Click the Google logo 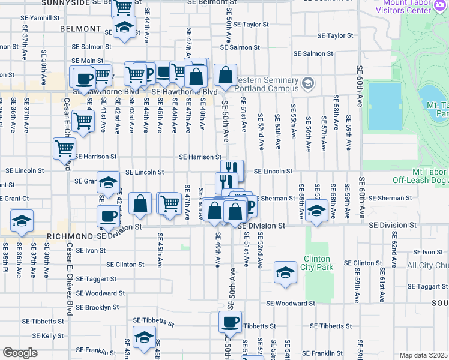(20, 353)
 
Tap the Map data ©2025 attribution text (424, 355)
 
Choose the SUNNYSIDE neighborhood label (65, 2)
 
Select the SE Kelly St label (49, 335)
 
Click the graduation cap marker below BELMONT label (125, 28)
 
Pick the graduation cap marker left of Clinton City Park (285, 272)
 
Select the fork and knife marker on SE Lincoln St (232, 169)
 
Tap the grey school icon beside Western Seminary (309, 82)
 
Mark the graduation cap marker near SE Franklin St (144, 337)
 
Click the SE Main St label (88, 61)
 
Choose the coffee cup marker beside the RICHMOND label (109, 216)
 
